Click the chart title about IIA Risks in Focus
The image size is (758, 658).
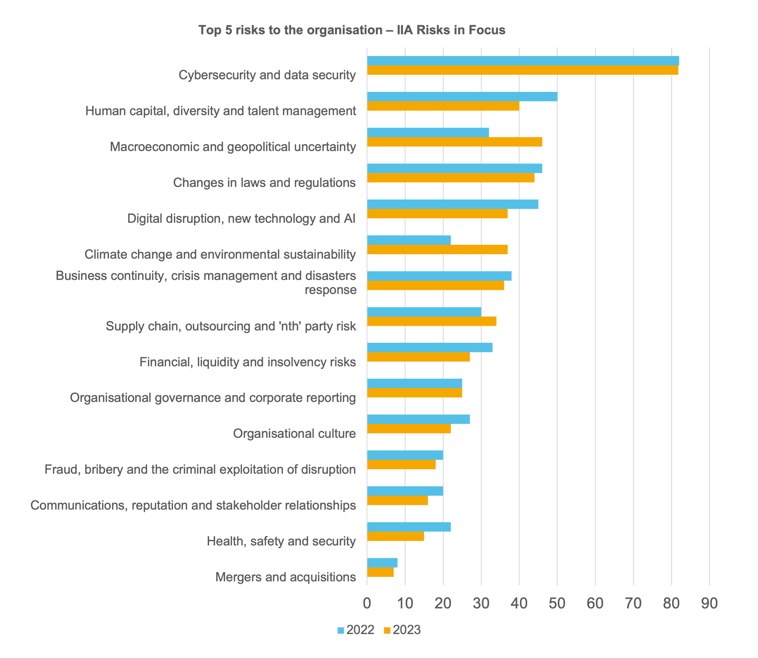click(x=351, y=30)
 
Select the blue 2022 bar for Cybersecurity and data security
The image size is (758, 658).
click(x=523, y=61)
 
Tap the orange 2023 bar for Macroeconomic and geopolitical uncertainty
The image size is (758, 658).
click(x=454, y=142)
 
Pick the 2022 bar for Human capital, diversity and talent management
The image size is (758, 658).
click(x=462, y=97)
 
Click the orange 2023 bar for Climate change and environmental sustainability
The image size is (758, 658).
click(x=437, y=250)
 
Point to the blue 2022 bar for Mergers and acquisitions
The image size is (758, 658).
click(x=382, y=563)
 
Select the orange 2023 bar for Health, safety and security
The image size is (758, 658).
click(x=396, y=536)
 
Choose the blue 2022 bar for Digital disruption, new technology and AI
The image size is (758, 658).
click(x=452, y=204)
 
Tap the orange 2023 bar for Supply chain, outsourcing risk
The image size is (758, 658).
click(x=431, y=321)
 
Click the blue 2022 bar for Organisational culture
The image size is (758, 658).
click(x=418, y=419)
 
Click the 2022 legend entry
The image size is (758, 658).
click(x=355, y=630)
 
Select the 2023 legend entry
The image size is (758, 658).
click(x=402, y=630)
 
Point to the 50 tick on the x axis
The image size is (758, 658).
click(x=557, y=603)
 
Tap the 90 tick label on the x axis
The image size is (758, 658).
click(x=709, y=603)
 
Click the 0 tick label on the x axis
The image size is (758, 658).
click(x=367, y=603)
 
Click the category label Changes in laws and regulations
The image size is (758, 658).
click(x=264, y=182)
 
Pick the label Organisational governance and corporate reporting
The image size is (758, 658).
click(x=213, y=398)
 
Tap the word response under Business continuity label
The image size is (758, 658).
click(x=330, y=290)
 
